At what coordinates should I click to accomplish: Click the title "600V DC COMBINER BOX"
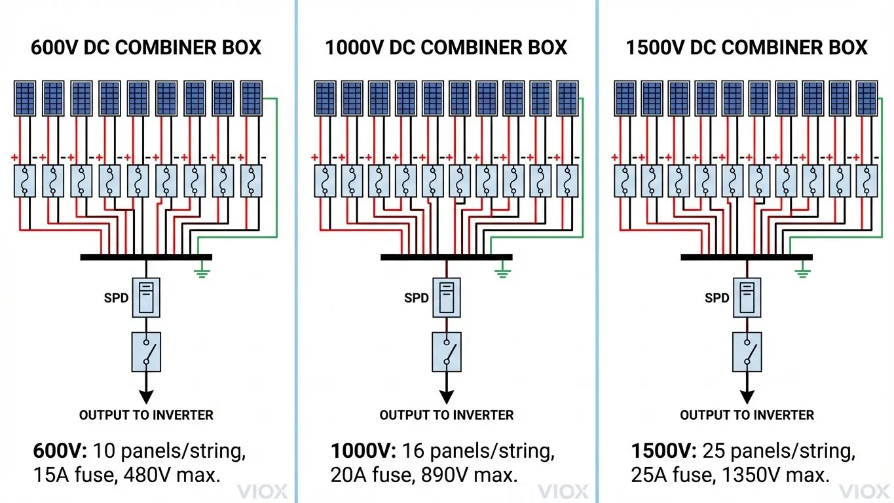pyautogui.click(x=146, y=48)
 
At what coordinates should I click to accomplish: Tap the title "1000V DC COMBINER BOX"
pyautogui.click(x=446, y=48)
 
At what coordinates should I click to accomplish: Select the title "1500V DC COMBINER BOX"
pyautogui.click(x=747, y=48)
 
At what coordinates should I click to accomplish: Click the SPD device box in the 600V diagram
pyautogui.click(x=146, y=297)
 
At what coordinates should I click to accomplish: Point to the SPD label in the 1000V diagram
pyautogui.click(x=416, y=298)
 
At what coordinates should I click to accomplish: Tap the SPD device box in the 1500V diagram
pyautogui.click(x=747, y=297)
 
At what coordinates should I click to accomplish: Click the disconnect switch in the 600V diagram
pyautogui.click(x=146, y=352)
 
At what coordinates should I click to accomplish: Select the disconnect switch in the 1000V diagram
pyautogui.click(x=447, y=352)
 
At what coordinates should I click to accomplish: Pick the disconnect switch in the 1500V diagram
pyautogui.click(x=747, y=352)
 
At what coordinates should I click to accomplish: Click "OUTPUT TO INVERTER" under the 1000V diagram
pyautogui.click(x=446, y=415)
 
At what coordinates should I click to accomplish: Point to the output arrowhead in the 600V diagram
pyautogui.click(x=146, y=397)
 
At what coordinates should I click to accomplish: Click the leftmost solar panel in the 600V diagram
pyautogui.click(x=25, y=98)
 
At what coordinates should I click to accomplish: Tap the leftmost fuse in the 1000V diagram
pyautogui.click(x=326, y=181)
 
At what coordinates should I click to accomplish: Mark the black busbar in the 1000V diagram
pyautogui.click(x=446, y=257)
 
